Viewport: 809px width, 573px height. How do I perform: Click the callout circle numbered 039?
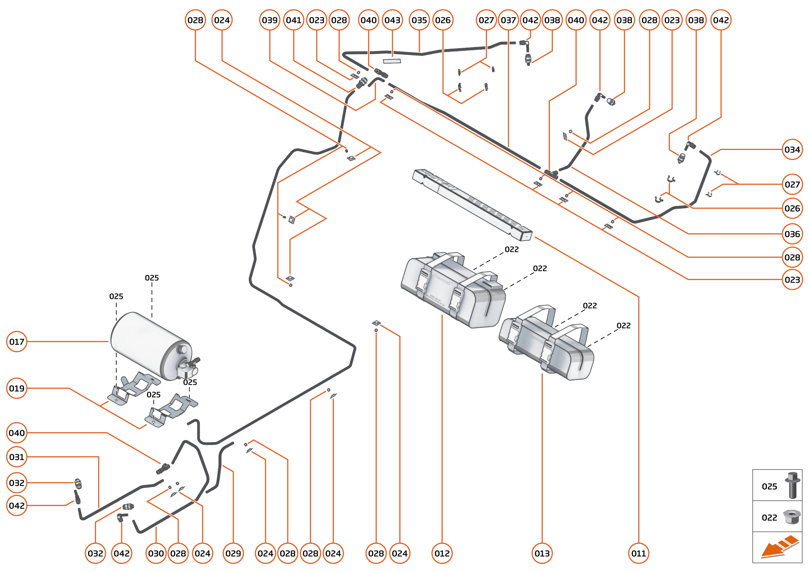270,20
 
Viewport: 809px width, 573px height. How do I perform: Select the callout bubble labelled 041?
294,20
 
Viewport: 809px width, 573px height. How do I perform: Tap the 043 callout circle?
392,20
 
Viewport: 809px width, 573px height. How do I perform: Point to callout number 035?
419,20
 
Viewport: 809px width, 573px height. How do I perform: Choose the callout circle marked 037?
508,20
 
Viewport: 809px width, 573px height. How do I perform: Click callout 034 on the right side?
792,150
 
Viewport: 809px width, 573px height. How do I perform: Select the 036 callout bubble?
792,234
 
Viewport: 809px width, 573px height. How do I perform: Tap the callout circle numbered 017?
17,341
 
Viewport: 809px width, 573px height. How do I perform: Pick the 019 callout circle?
17,388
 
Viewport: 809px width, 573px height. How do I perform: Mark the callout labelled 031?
17,457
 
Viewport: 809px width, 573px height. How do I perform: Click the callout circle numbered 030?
156,553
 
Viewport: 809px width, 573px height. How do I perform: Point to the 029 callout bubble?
233,553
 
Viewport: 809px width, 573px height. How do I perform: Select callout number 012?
442,553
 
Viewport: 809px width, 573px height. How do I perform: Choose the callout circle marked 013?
542,553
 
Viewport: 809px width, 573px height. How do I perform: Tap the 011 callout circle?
638,553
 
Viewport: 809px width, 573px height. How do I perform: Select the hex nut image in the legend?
792,517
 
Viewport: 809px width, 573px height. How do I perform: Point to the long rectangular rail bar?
472,205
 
